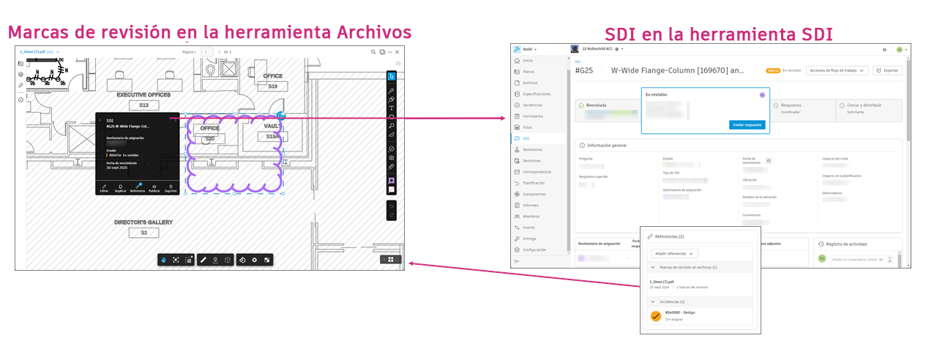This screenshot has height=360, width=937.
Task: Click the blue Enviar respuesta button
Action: pyautogui.click(x=747, y=125)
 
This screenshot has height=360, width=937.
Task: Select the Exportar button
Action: pyautogui.click(x=887, y=70)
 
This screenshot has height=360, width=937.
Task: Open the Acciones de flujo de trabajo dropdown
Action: pyautogui.click(x=836, y=70)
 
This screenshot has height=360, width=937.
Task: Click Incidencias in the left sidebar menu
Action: pyautogui.click(x=532, y=105)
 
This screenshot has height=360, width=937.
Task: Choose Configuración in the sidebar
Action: pyautogui.click(x=534, y=250)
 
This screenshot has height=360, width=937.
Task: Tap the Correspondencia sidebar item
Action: pyautogui.click(x=537, y=171)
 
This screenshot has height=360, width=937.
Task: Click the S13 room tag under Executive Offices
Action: pyautogui.click(x=143, y=106)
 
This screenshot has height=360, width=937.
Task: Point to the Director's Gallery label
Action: pyautogui.click(x=143, y=222)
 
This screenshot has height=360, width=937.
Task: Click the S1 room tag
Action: pyautogui.click(x=143, y=233)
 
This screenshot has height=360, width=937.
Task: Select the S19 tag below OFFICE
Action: pyautogui.click(x=272, y=86)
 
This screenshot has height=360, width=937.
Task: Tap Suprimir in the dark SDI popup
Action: pyautogui.click(x=170, y=188)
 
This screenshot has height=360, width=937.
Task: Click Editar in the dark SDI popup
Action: pyautogui.click(x=104, y=188)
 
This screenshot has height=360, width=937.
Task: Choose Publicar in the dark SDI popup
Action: pyautogui.click(x=154, y=188)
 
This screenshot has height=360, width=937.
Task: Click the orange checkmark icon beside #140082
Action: pyautogui.click(x=656, y=316)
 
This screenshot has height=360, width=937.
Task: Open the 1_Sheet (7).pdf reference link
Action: pyautogui.click(x=662, y=282)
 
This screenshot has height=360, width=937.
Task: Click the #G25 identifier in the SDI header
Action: pyautogui.click(x=584, y=71)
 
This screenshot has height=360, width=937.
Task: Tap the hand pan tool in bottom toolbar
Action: pyautogui.click(x=164, y=260)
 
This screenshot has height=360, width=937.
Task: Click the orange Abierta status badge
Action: pyautogui.click(x=772, y=70)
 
